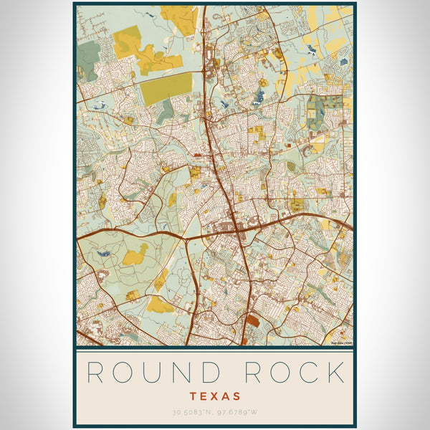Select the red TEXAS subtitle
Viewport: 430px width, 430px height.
[215, 396]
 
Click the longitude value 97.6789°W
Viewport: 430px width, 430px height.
[240, 412]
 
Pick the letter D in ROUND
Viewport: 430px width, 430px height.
[206, 373]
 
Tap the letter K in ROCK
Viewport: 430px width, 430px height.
[334, 373]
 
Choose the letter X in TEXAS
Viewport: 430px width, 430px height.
[215, 396]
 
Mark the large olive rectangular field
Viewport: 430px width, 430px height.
[166, 89]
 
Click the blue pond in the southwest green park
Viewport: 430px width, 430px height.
[105, 254]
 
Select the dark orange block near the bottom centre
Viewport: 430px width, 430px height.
[252, 322]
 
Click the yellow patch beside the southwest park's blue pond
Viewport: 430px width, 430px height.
[133, 256]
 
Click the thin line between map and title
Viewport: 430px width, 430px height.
[215, 351]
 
